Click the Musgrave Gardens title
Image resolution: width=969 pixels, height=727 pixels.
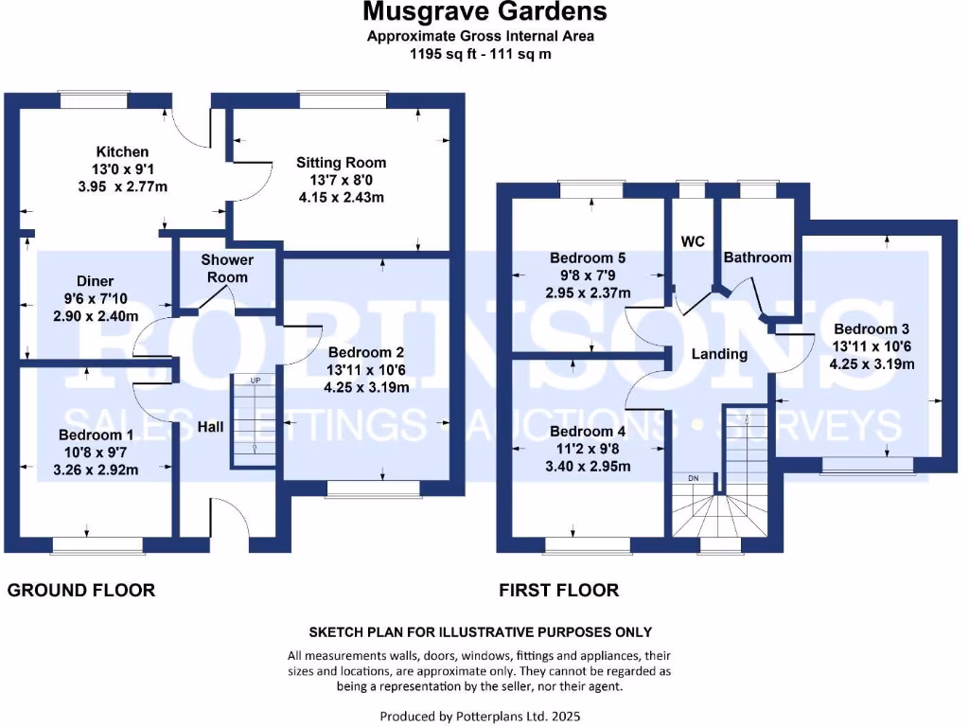484,12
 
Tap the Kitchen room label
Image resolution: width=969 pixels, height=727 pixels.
122,151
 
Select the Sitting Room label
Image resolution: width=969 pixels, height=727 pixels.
341,162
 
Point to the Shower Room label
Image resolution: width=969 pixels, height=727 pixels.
227,268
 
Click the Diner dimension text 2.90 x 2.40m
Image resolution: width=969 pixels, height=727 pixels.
95,315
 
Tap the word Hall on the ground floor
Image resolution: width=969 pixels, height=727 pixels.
210,427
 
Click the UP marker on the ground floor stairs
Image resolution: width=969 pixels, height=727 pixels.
255,381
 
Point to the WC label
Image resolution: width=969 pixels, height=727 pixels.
694,241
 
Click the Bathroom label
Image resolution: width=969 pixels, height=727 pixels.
757,257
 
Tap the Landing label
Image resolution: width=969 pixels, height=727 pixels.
719,354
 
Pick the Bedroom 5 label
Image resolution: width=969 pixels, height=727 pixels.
588,257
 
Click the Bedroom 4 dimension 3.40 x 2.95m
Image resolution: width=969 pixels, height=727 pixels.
590,466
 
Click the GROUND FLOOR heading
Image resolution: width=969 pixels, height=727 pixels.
80,590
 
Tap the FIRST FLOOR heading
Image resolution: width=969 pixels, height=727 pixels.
559,590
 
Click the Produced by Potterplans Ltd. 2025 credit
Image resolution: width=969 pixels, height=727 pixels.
484,716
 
